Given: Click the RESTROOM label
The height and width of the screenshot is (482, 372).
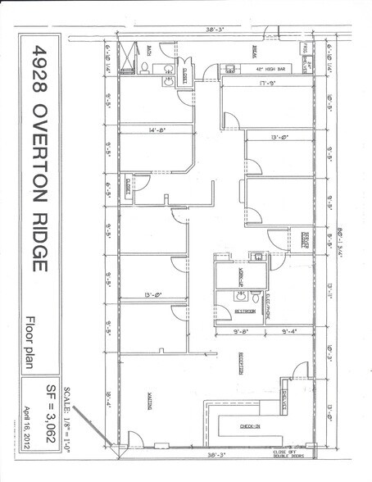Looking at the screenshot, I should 245,311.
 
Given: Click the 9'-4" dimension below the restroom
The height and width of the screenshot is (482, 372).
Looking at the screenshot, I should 289,331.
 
